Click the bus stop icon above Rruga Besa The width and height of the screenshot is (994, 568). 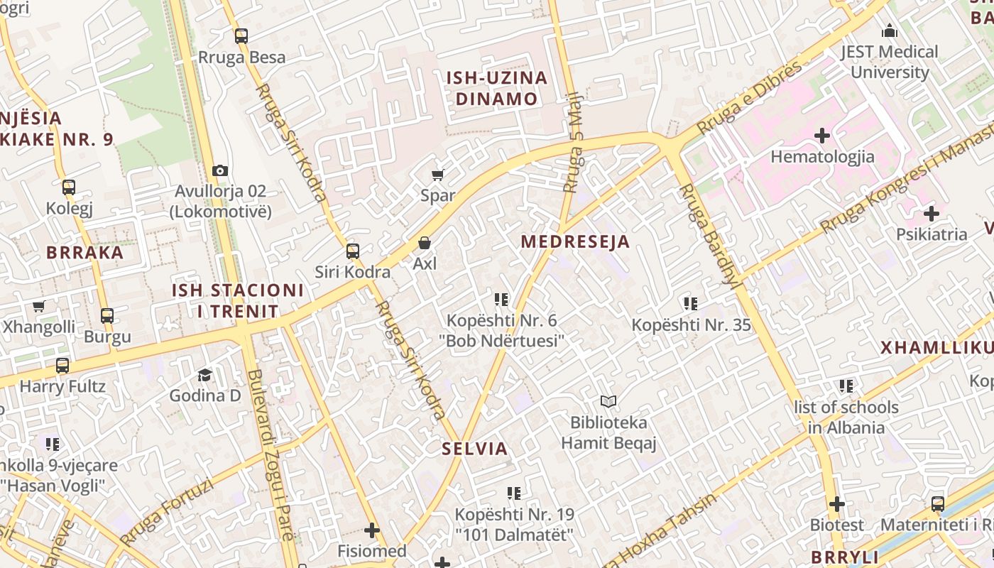[x=241, y=36]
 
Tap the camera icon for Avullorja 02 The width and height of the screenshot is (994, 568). [x=220, y=170]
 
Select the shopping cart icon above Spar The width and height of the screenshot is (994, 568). [x=438, y=175]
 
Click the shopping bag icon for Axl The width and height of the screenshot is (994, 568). [x=425, y=244]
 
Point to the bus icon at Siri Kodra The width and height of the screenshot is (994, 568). [x=352, y=251]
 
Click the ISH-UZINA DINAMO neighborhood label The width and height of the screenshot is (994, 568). [x=496, y=88]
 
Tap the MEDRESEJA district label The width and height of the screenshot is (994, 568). [x=575, y=242]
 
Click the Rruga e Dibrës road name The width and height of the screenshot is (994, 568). [x=749, y=97]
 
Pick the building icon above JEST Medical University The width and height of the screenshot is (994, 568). [x=889, y=31]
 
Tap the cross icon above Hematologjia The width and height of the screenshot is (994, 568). [x=822, y=136]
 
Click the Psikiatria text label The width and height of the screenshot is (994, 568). [x=931, y=234]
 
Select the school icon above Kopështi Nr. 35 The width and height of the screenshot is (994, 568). [x=690, y=304]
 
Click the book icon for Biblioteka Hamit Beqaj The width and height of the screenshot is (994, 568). [x=608, y=402]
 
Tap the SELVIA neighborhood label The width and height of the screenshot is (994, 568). [x=475, y=449]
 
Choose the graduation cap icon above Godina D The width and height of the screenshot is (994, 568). [x=204, y=375]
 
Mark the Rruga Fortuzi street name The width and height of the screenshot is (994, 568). [x=168, y=513]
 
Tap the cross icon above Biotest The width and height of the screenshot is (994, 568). [x=837, y=504]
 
